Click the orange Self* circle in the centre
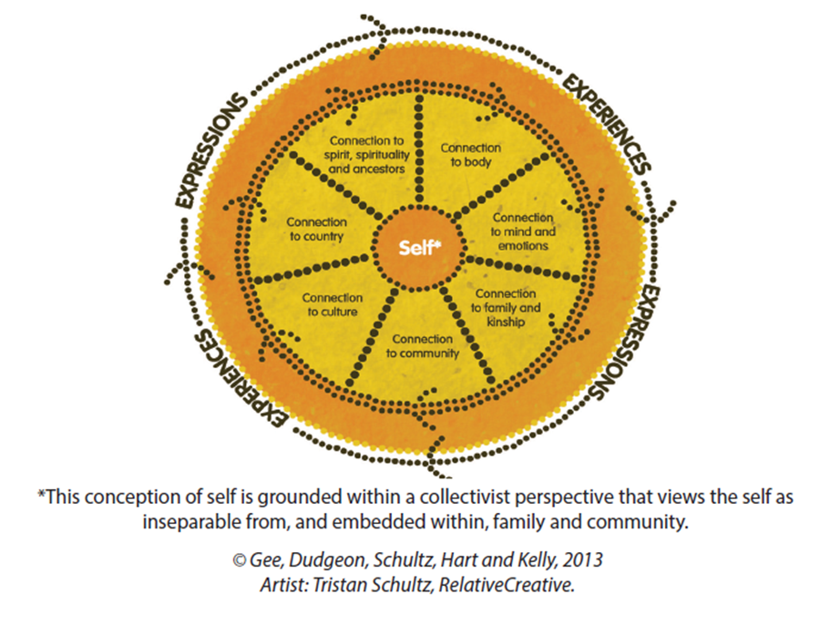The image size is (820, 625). (x=420, y=245)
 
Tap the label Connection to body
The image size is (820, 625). (x=470, y=155)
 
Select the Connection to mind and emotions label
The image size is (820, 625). (x=523, y=231)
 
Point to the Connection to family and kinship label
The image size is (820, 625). (x=506, y=308)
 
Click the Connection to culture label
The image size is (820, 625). (x=332, y=304)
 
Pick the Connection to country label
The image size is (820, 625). (x=316, y=230)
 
